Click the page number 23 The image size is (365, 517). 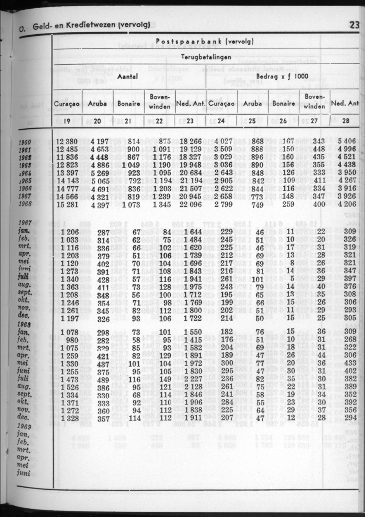tap(354, 25)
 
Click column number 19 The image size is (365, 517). tap(67, 121)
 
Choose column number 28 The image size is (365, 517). tap(346, 121)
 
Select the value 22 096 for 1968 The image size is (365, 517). tap(190, 203)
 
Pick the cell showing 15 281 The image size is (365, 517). tap(66, 203)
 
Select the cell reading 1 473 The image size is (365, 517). tap(66, 380)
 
